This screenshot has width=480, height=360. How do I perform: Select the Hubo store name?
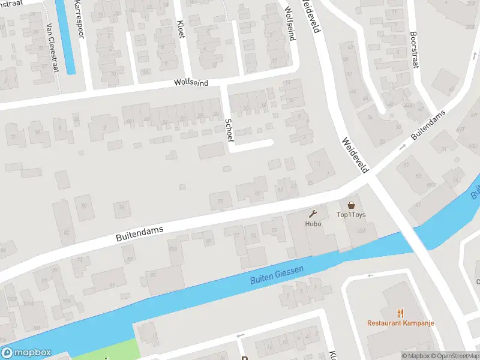[313, 224]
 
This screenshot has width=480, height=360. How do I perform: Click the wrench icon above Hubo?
[313, 214]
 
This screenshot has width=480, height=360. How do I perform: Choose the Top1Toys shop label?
[351, 215]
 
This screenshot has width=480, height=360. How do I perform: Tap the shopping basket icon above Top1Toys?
[351, 205]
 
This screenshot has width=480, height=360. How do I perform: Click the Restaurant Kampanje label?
[401, 323]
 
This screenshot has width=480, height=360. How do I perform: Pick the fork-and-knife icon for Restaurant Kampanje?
[401, 313]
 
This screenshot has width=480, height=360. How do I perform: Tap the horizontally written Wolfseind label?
[191, 83]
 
